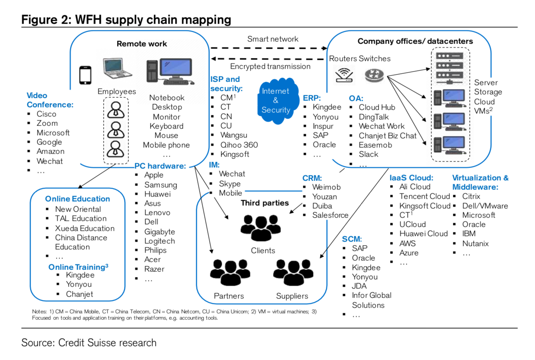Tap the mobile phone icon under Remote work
point(85,75)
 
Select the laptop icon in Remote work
point(117,69)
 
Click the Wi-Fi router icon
point(344,75)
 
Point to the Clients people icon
point(261,228)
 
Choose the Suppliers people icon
point(293,272)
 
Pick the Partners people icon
point(230,272)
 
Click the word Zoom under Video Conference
point(47,123)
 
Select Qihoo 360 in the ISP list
point(239,145)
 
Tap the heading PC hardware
point(160,166)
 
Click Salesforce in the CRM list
point(330,215)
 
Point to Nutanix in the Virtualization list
point(475,244)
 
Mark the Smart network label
point(273,39)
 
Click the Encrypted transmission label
point(270,66)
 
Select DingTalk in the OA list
point(374,117)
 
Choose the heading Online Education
point(78,199)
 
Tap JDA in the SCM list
point(359,286)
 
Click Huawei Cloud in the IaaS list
point(423,234)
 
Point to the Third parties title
point(265,203)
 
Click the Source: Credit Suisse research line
point(89,343)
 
